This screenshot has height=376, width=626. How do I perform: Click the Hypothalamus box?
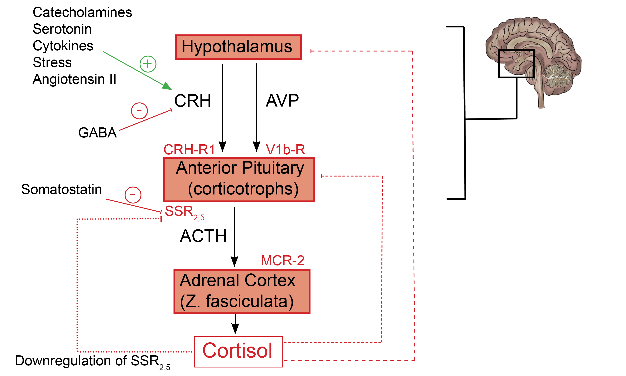click(238, 47)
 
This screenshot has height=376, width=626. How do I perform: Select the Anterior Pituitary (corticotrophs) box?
click(239, 179)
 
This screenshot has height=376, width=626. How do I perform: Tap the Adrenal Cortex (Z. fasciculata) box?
click(242, 291)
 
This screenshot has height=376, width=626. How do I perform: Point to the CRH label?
click(193, 101)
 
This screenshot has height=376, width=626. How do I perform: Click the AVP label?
click(282, 101)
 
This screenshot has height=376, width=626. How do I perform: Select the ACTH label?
click(203, 236)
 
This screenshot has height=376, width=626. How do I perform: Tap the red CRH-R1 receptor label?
click(189, 150)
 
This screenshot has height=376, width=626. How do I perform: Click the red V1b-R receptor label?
click(285, 150)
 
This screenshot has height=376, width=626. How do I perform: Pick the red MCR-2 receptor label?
click(282, 260)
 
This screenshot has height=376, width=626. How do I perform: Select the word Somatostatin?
click(62, 189)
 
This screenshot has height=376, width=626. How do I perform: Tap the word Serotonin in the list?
click(62, 29)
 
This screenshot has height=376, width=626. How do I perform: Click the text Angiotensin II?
click(74, 79)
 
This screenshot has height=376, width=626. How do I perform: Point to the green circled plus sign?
click(148, 64)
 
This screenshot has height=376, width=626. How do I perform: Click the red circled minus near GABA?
click(139, 111)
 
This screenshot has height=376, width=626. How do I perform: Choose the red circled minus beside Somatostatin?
click(133, 195)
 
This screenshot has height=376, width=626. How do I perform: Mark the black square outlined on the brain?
click(516, 64)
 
